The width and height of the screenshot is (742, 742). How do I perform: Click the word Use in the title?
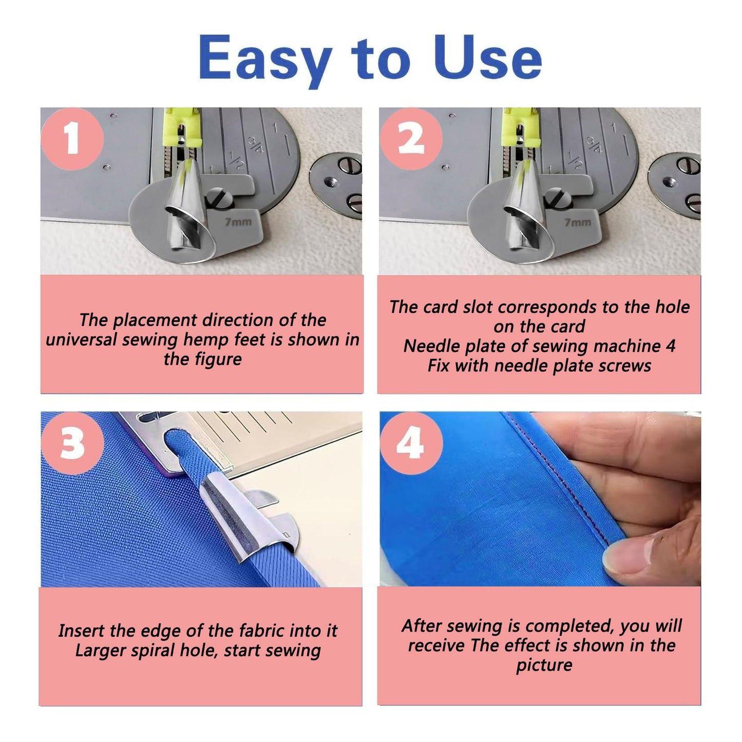(486, 58)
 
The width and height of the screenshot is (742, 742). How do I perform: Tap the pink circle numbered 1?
(72, 139)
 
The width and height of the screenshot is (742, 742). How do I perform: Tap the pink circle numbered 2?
(411, 139)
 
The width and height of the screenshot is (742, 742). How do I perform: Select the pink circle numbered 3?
(72, 443)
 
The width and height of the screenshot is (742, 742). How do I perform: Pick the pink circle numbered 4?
(411, 443)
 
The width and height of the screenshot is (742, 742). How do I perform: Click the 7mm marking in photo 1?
(238, 222)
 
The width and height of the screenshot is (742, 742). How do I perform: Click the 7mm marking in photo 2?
(578, 222)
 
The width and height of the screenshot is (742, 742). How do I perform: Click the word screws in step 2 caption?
(626, 366)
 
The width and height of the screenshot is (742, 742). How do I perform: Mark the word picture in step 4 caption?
(544, 665)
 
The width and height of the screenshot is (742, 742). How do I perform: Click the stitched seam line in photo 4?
(560, 488)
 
